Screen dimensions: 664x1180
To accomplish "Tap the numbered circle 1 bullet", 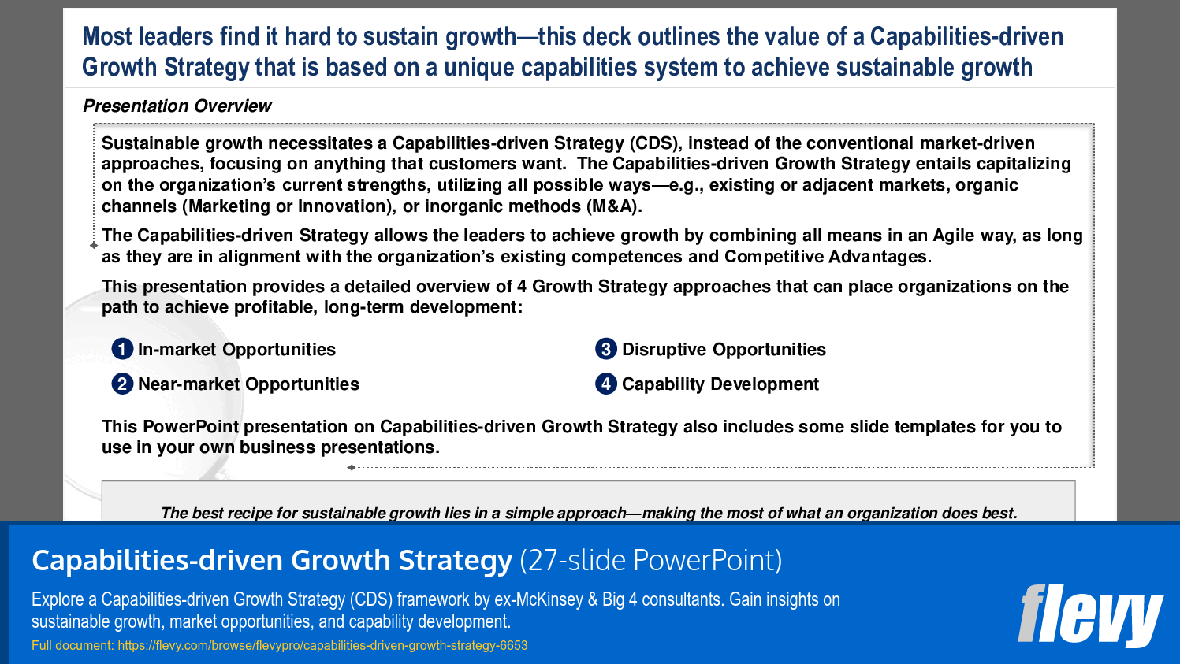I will (122, 349).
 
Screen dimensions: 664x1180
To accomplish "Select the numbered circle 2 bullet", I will (122, 384).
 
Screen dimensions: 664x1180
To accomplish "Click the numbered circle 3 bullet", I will (605, 349).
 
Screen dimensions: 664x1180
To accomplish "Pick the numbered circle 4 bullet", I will (605, 384).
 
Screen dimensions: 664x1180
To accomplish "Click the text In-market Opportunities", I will (236, 350).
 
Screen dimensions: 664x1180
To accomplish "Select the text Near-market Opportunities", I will (248, 384).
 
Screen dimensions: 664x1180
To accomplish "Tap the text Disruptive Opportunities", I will (724, 350).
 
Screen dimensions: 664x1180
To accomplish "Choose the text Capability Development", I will (720, 384).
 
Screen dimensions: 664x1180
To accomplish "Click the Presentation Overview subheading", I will (177, 106).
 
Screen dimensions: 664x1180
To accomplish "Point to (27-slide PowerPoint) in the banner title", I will (650, 561).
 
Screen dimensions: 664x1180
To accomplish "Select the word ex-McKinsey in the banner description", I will (538, 599).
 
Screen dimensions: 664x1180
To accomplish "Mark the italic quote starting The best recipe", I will (589, 513).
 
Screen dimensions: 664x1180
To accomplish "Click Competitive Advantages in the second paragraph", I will (828, 257).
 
